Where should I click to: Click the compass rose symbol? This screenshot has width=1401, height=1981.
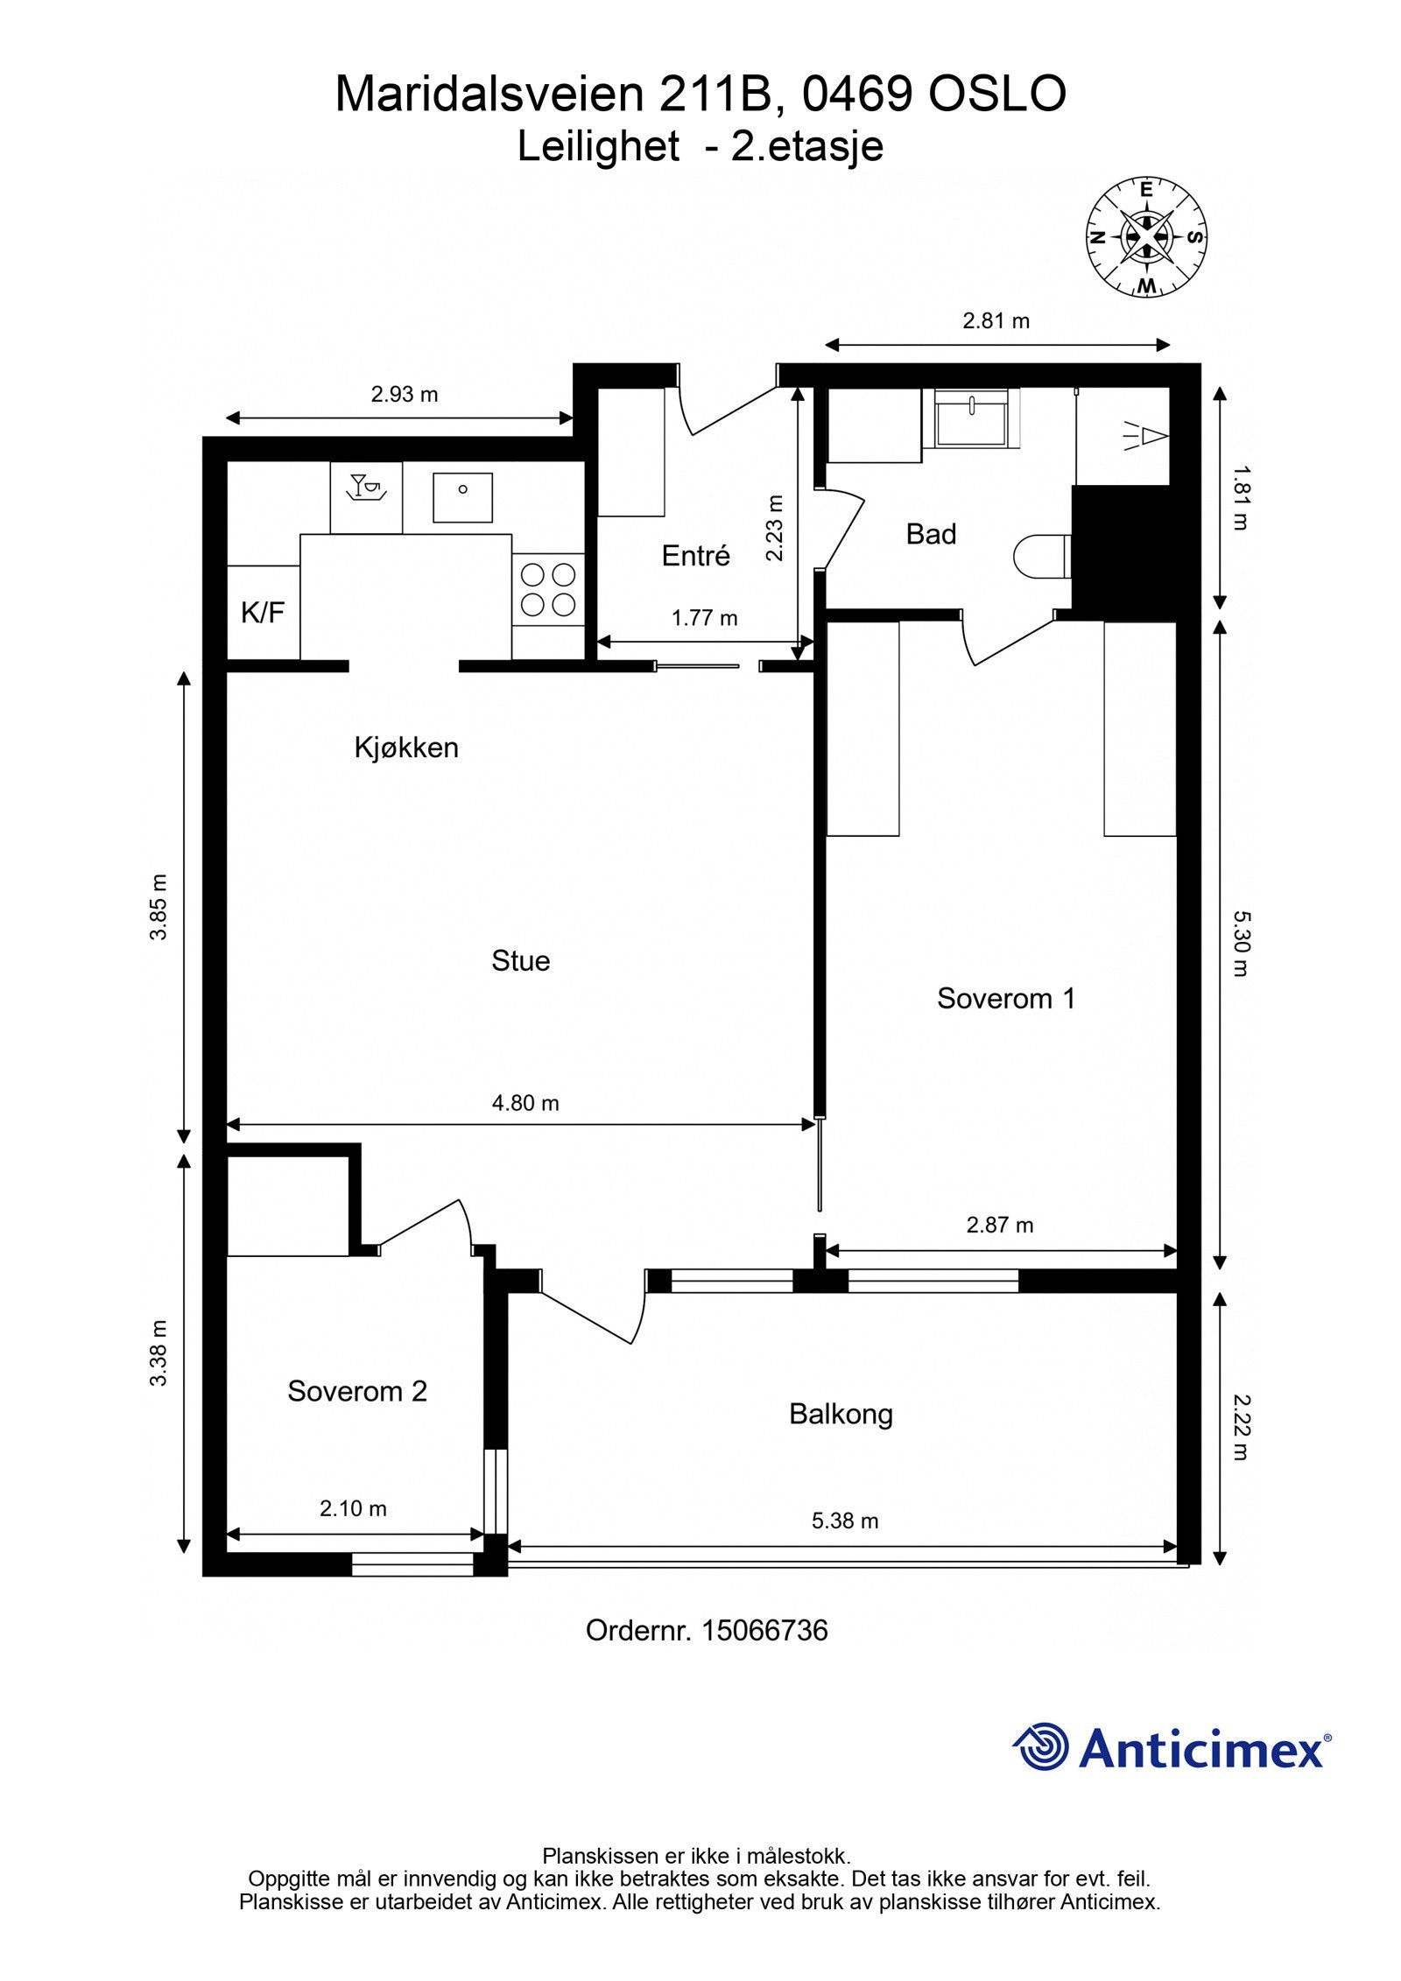pyautogui.click(x=1146, y=236)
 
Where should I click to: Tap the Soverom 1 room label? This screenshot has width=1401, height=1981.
pyautogui.click(x=1005, y=998)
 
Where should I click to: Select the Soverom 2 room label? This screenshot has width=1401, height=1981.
pyautogui.click(x=357, y=1391)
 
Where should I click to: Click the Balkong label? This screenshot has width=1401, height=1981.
pyautogui.click(x=841, y=1414)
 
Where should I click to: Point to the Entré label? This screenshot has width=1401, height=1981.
pyautogui.click(x=695, y=556)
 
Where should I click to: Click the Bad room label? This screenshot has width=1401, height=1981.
pyautogui.click(x=931, y=534)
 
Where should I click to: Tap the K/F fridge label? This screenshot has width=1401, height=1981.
pyautogui.click(x=263, y=612)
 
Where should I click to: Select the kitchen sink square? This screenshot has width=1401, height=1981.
pyautogui.click(x=462, y=497)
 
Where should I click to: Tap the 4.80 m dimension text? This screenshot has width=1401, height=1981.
pyautogui.click(x=524, y=1103)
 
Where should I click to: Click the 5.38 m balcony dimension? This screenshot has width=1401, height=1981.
pyautogui.click(x=844, y=1521)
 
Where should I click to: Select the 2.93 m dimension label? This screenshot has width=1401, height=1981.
pyautogui.click(x=404, y=394)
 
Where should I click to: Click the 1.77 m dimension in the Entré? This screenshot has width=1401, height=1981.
pyautogui.click(x=704, y=618)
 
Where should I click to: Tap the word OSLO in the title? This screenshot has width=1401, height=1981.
pyautogui.click(x=996, y=94)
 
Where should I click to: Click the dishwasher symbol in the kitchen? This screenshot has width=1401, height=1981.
pyautogui.click(x=366, y=497)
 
